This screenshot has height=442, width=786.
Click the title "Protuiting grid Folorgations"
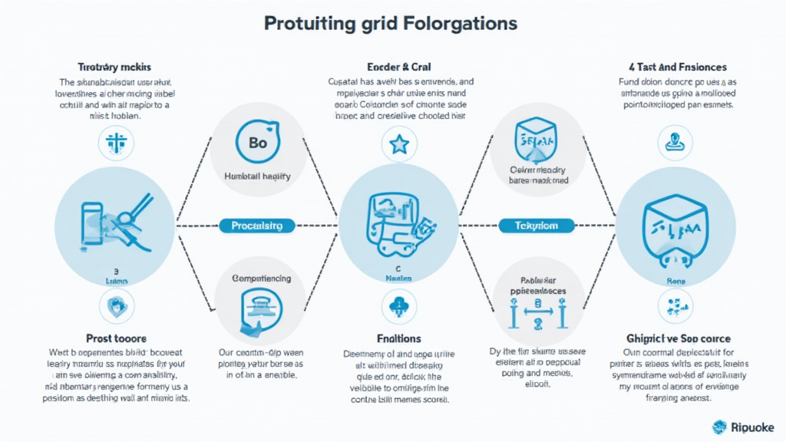coord(391,23)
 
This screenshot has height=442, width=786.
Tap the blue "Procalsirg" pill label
coord(256,226)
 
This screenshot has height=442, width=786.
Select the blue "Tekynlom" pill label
coord(537,226)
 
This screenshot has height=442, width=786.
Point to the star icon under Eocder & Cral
coord(398,143)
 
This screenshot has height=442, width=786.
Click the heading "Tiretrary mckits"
coord(116,68)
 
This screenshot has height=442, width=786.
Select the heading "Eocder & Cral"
coord(400,68)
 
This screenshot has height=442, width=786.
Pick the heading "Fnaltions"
coord(399,338)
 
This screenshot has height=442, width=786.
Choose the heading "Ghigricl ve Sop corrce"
coord(679,338)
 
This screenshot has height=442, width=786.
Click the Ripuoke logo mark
coord(720,427)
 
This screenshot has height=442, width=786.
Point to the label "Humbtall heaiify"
coord(256,176)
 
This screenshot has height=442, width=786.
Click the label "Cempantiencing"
coord(261,278)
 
